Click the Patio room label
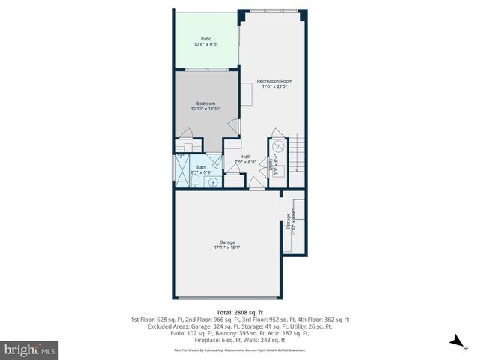pos(205,39)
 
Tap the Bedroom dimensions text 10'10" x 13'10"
pos(205,109)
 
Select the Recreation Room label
pos(274,81)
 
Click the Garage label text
pos(227,241)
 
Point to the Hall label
pos(245,157)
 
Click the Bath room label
pos(201,167)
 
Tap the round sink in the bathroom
pos(213,181)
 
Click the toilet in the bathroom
pos(193,180)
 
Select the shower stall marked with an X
pos(181,171)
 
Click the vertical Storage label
pos(288,223)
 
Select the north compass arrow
pos(454,342)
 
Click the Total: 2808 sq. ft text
pos(239,311)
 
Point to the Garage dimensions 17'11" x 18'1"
pos(227,247)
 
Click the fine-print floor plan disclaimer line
pos(239,349)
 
